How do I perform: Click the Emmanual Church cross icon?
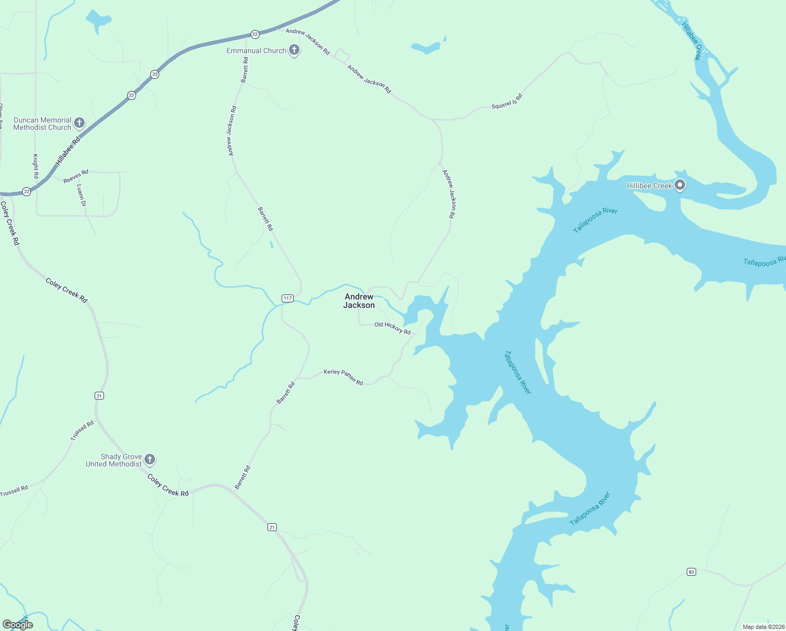pyautogui.click(x=294, y=50)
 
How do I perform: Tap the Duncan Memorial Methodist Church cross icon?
pyautogui.click(x=79, y=123)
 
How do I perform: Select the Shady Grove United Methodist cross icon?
pyautogui.click(x=150, y=460)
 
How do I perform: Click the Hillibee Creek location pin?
pyautogui.click(x=680, y=185)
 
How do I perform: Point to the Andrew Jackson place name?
pyautogui.click(x=359, y=301)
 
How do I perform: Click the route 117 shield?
pyautogui.click(x=287, y=298)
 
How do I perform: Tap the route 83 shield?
pyautogui.click(x=691, y=572)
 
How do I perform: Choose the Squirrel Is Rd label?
pyautogui.click(x=507, y=101)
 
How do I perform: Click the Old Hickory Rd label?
pyautogui.click(x=392, y=328)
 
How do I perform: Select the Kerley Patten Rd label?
pyautogui.click(x=343, y=376)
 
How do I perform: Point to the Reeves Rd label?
pyautogui.click(x=76, y=176)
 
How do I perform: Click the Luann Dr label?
pyautogui.click(x=81, y=195)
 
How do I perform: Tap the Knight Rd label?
pyautogui.click(x=36, y=166)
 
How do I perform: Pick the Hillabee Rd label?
pyautogui.click(x=68, y=151)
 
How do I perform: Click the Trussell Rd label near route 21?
pyautogui.click(x=82, y=430)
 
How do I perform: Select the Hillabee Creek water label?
pyautogui.click(x=691, y=41)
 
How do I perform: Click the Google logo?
pyautogui.click(x=18, y=625)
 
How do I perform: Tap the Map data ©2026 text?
pyautogui.click(x=763, y=627)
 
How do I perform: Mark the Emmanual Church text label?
pyautogui.click(x=256, y=50)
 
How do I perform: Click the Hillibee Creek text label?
pyautogui.click(x=649, y=186)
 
